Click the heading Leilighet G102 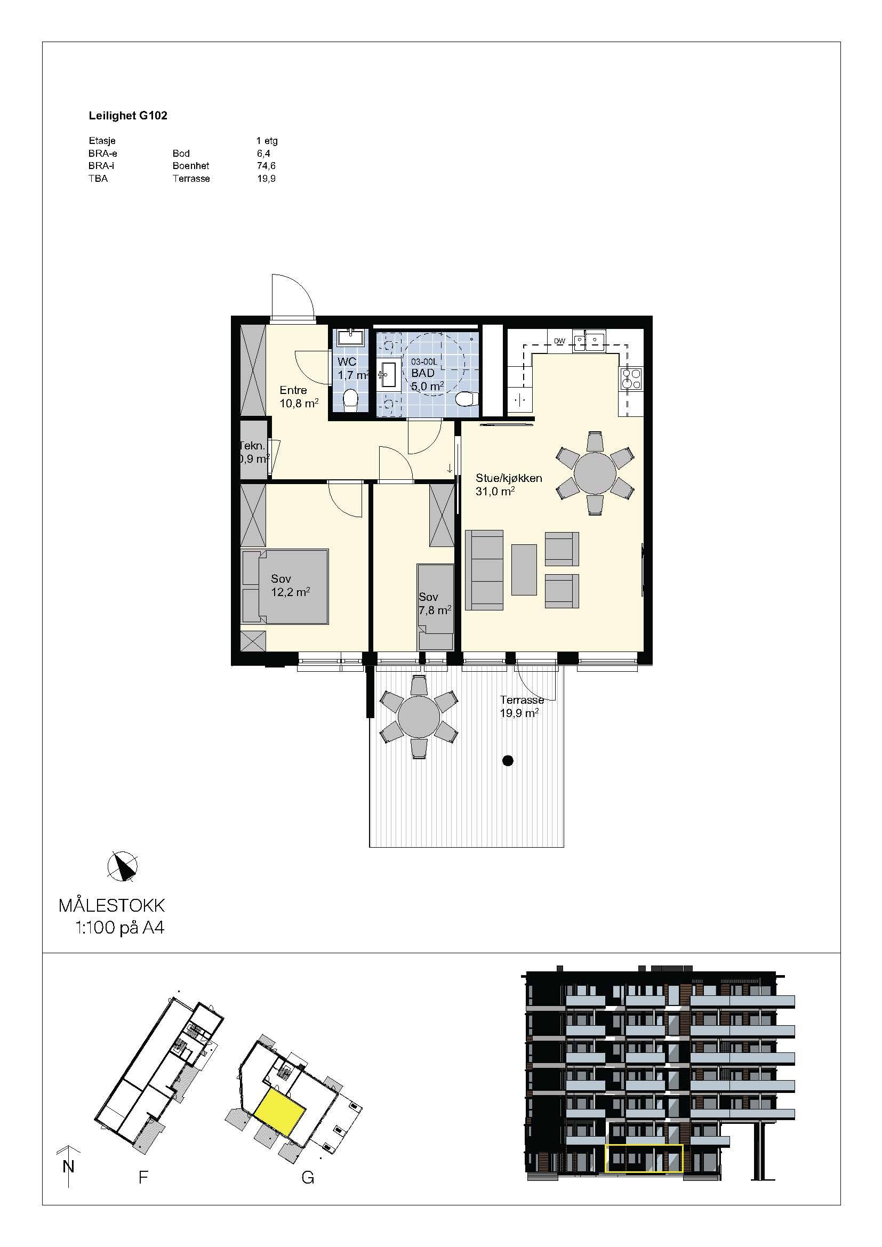[x=127, y=116]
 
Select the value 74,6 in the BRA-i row [x=266, y=166]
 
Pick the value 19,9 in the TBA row [x=266, y=179]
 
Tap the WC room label [x=347, y=361]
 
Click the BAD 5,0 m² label [x=427, y=380]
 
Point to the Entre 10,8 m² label [x=299, y=397]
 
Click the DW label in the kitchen [x=559, y=341]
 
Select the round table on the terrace [x=419, y=717]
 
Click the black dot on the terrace [x=508, y=761]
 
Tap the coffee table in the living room [x=524, y=570]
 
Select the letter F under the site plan [x=143, y=1178]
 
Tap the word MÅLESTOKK [x=111, y=905]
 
